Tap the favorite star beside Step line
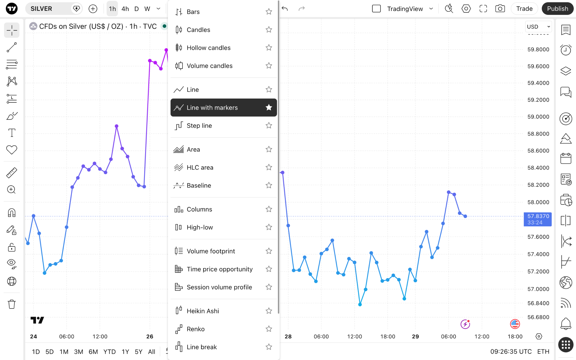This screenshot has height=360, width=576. [x=269, y=125]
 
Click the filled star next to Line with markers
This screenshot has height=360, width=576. [x=269, y=107]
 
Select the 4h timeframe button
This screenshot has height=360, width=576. [x=125, y=9]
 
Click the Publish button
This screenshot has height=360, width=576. [x=557, y=9]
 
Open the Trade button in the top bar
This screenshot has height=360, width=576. [x=524, y=9]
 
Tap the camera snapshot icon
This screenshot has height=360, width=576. [x=500, y=9]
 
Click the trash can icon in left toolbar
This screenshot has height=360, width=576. [x=12, y=304]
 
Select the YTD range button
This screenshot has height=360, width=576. [x=109, y=352]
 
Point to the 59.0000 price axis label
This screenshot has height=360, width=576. [x=538, y=117]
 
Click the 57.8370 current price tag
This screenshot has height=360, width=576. [x=537, y=219]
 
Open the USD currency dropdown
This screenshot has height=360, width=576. [x=538, y=27]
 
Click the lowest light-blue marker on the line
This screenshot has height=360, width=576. [x=360, y=304]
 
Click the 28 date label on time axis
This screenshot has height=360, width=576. [x=288, y=336]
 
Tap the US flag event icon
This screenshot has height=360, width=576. [x=515, y=324]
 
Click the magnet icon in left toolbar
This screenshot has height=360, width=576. [x=12, y=213]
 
